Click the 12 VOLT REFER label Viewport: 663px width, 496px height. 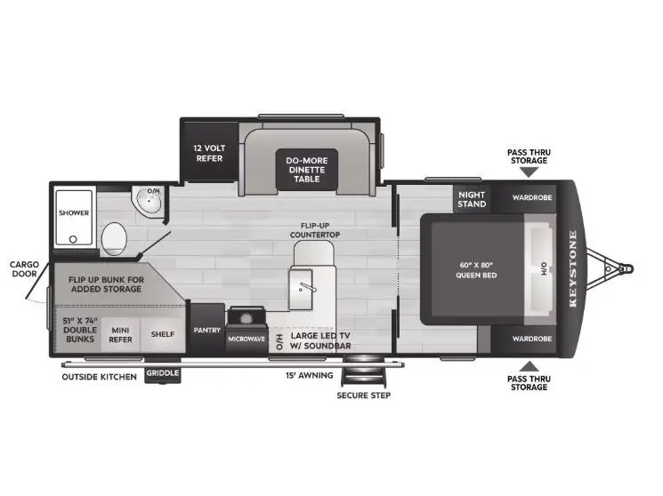[x=207, y=153]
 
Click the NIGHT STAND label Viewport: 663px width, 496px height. [x=472, y=199]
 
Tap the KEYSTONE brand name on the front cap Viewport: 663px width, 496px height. [x=573, y=268]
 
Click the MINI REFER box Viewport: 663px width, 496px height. [x=120, y=333]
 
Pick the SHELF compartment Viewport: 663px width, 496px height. [x=161, y=333]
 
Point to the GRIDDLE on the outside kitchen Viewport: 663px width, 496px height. [x=162, y=374]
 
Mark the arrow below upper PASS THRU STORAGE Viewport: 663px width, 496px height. [x=529, y=172]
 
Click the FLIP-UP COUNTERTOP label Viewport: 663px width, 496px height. [x=315, y=229]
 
